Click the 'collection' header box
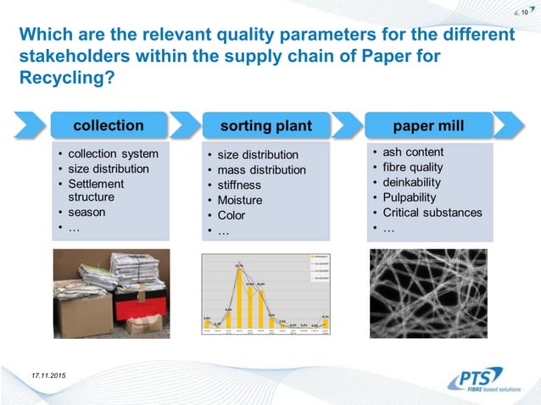(108, 125)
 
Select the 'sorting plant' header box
(265, 126)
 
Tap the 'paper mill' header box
(428, 125)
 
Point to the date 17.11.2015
(50, 375)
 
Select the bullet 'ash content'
(413, 152)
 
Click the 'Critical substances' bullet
(432, 213)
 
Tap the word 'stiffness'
(239, 186)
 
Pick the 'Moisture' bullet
(240, 201)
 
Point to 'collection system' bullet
(113, 153)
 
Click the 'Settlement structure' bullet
(96, 191)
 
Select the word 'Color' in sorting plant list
(231, 216)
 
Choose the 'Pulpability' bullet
(410, 197)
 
